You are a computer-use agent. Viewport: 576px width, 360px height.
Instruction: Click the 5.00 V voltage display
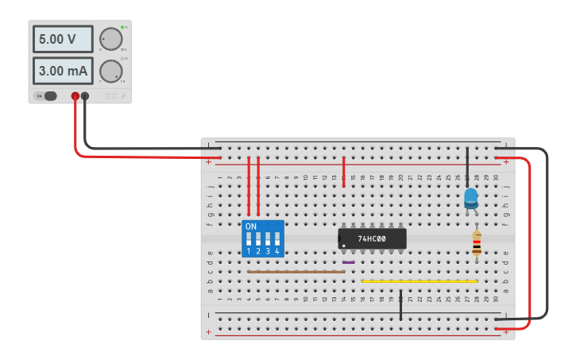tap(63, 39)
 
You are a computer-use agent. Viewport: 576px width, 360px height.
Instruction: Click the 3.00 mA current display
tap(63, 71)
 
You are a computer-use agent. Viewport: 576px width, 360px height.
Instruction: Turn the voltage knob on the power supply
tap(110, 38)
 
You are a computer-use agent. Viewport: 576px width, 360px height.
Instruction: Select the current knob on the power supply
tap(110, 72)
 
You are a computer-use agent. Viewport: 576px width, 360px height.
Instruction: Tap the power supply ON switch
tap(47, 96)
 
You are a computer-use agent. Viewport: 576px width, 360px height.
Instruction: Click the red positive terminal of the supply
tap(75, 96)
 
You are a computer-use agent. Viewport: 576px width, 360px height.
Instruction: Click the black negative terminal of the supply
tap(85, 96)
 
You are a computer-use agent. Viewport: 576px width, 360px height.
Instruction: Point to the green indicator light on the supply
tap(122, 28)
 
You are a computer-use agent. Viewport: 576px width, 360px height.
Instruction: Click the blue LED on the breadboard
tap(471, 197)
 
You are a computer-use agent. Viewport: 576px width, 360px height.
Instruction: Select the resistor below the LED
tap(476, 244)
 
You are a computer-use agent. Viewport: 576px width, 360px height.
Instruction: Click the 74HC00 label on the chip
tap(372, 238)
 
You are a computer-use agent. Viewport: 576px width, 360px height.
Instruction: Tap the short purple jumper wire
tap(349, 262)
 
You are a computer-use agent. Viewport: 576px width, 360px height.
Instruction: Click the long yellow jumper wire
tap(419, 281)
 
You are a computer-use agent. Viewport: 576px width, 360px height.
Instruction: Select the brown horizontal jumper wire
tap(296, 272)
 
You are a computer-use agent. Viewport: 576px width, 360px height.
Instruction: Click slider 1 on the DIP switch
tap(249, 238)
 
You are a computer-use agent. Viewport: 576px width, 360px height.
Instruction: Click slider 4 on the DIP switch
tap(277, 238)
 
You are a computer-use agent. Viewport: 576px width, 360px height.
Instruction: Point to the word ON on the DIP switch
tap(251, 226)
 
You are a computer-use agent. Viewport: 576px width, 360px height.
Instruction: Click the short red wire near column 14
tap(343, 172)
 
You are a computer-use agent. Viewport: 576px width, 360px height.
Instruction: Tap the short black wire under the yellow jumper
tap(401, 305)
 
